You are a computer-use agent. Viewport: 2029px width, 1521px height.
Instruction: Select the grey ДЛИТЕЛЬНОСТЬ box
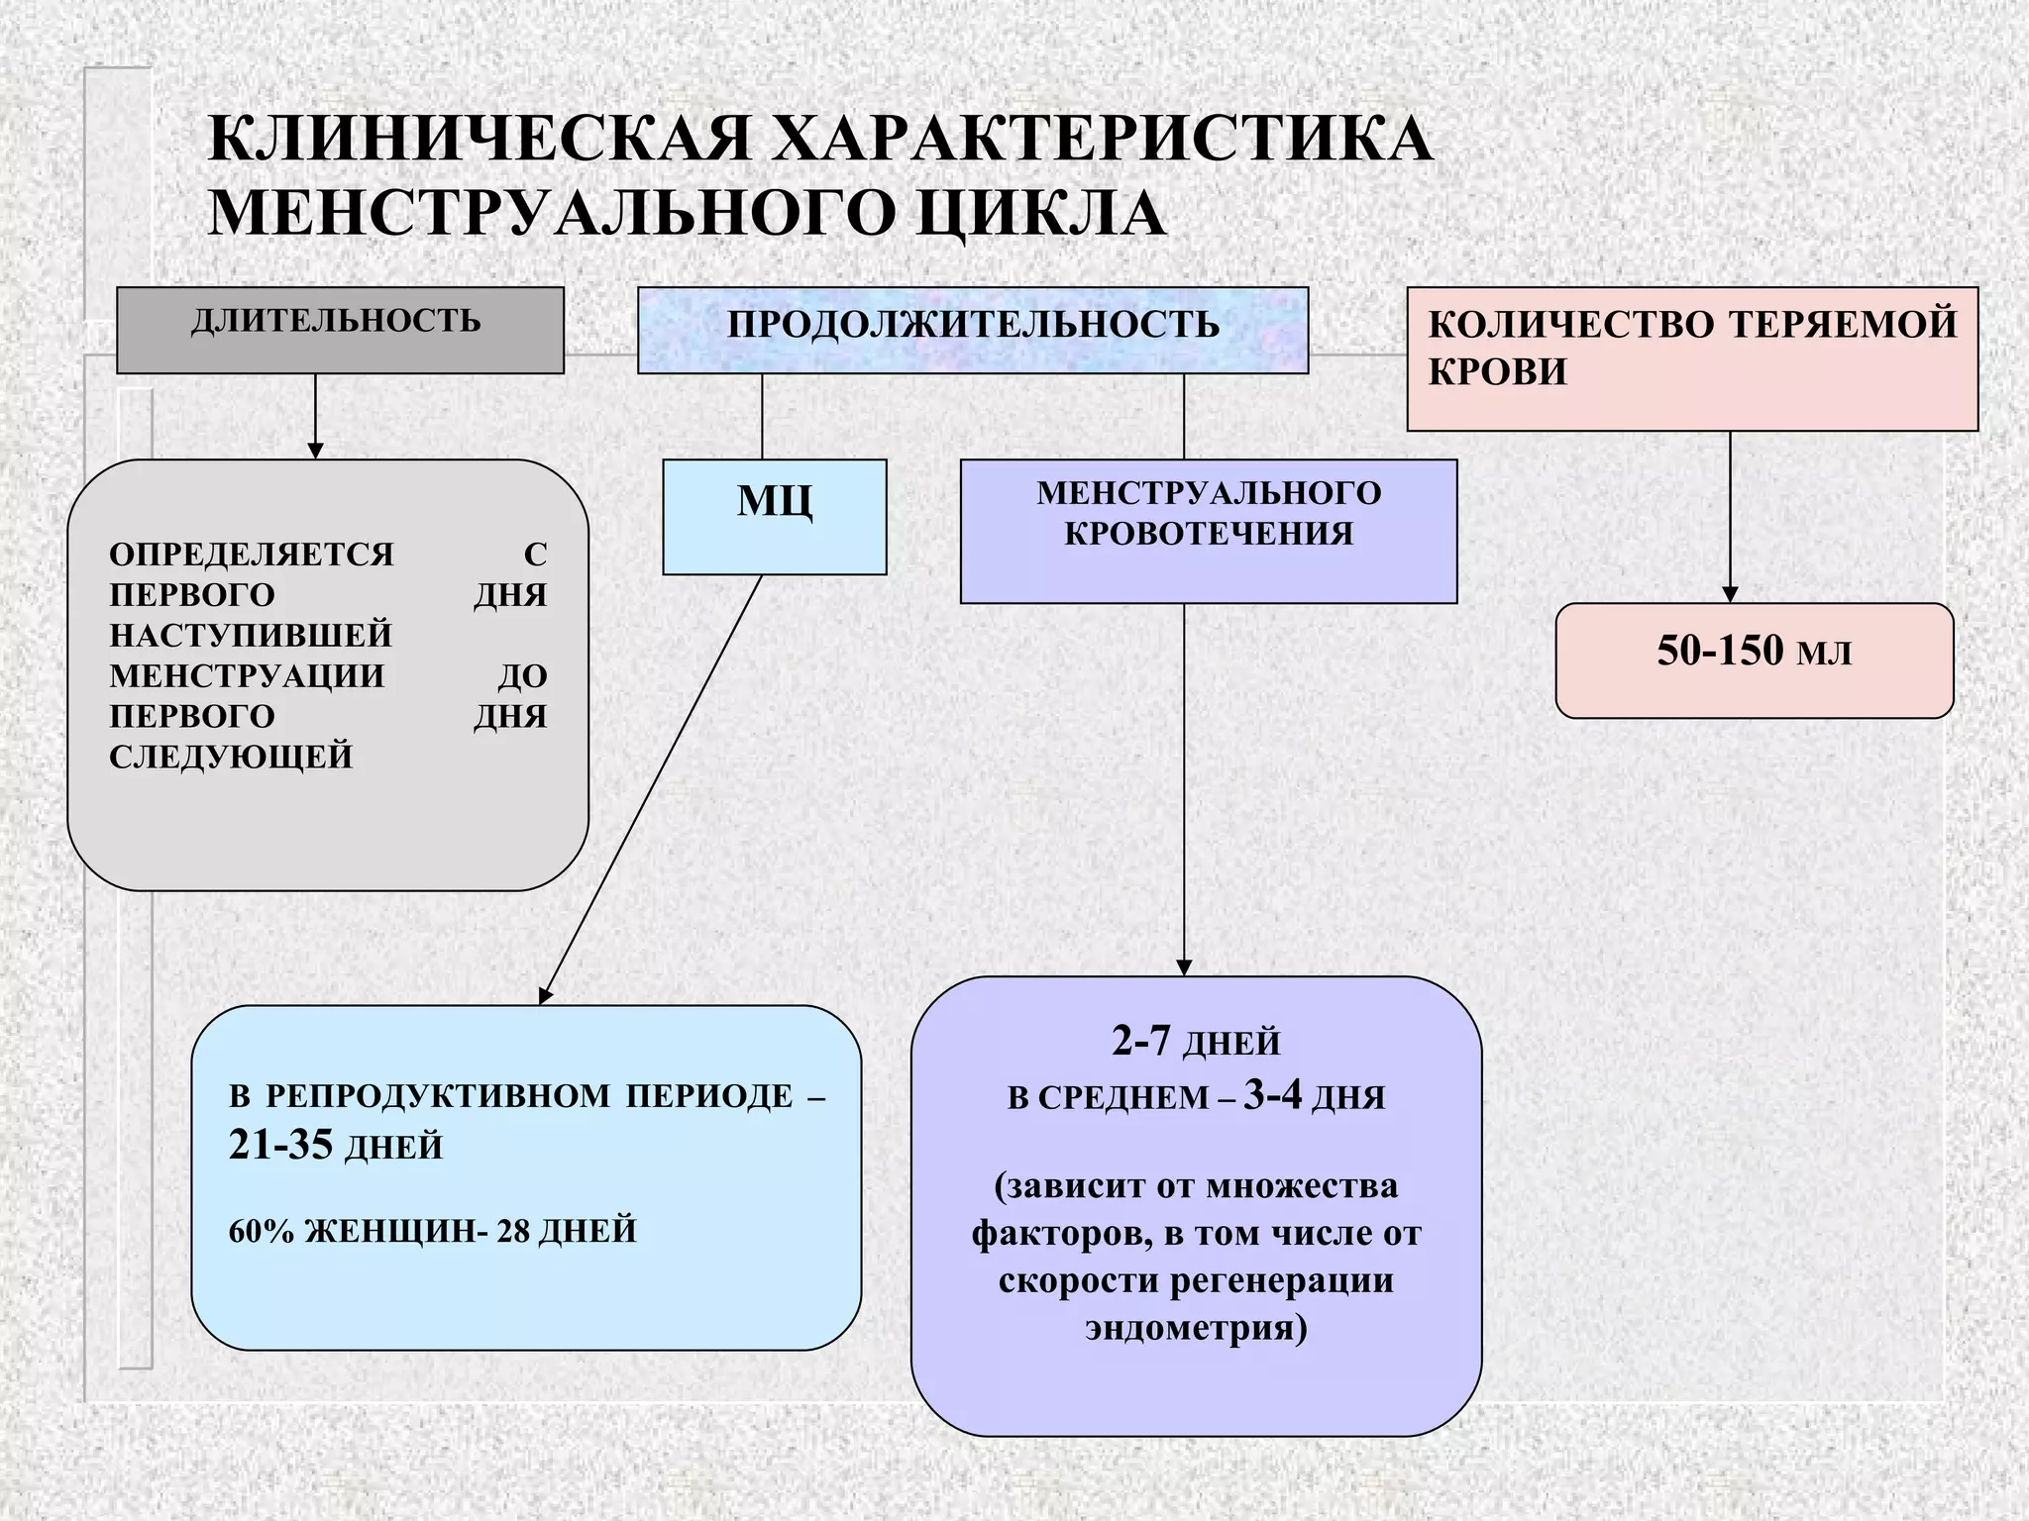pyautogui.click(x=340, y=330)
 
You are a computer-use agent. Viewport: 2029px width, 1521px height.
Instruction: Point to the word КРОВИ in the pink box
pyautogui.click(x=1497, y=372)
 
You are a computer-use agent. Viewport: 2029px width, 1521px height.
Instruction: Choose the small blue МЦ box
pyautogui.click(x=774, y=515)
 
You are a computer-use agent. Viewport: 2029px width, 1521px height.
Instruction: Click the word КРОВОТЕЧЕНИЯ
pyautogui.click(x=1209, y=535)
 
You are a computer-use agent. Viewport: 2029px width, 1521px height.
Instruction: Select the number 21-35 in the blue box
pyautogui.click(x=280, y=1146)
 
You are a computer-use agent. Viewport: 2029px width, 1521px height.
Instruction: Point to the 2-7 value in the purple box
pyautogui.click(x=1141, y=1042)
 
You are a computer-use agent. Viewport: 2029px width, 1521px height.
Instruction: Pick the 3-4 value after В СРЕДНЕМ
pyautogui.click(x=1272, y=1096)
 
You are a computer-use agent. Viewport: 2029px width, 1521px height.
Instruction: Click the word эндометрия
pyautogui.click(x=1196, y=1327)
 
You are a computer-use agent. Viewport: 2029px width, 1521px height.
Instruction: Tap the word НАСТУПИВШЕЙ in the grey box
pyautogui.click(x=251, y=635)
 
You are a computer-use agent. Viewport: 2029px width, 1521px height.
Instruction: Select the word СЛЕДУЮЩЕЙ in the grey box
pyautogui.click(x=231, y=757)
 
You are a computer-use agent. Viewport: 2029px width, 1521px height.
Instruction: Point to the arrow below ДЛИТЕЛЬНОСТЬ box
pyautogui.click(x=315, y=416)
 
